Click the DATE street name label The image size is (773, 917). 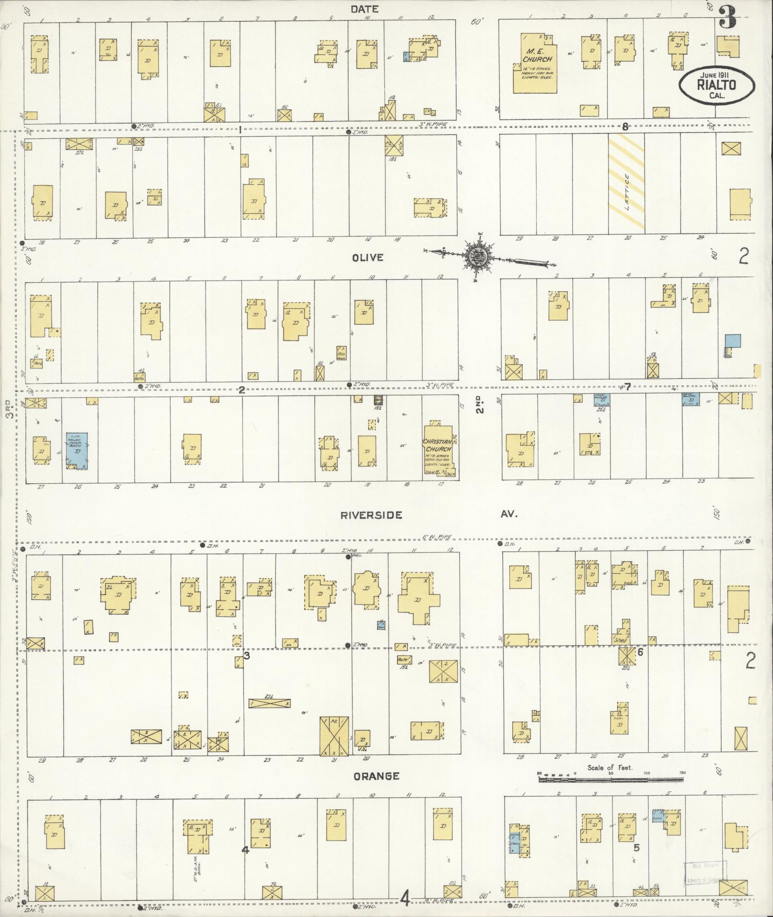click(364, 9)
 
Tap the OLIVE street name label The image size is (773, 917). click(368, 258)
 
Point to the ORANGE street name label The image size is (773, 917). click(376, 776)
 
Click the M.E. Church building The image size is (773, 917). click(535, 63)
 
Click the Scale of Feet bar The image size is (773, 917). click(611, 780)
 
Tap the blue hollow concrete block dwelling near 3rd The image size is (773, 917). click(77, 452)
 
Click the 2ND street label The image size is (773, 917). click(480, 404)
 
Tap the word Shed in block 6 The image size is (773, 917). click(620, 640)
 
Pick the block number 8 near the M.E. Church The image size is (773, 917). click(625, 127)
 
